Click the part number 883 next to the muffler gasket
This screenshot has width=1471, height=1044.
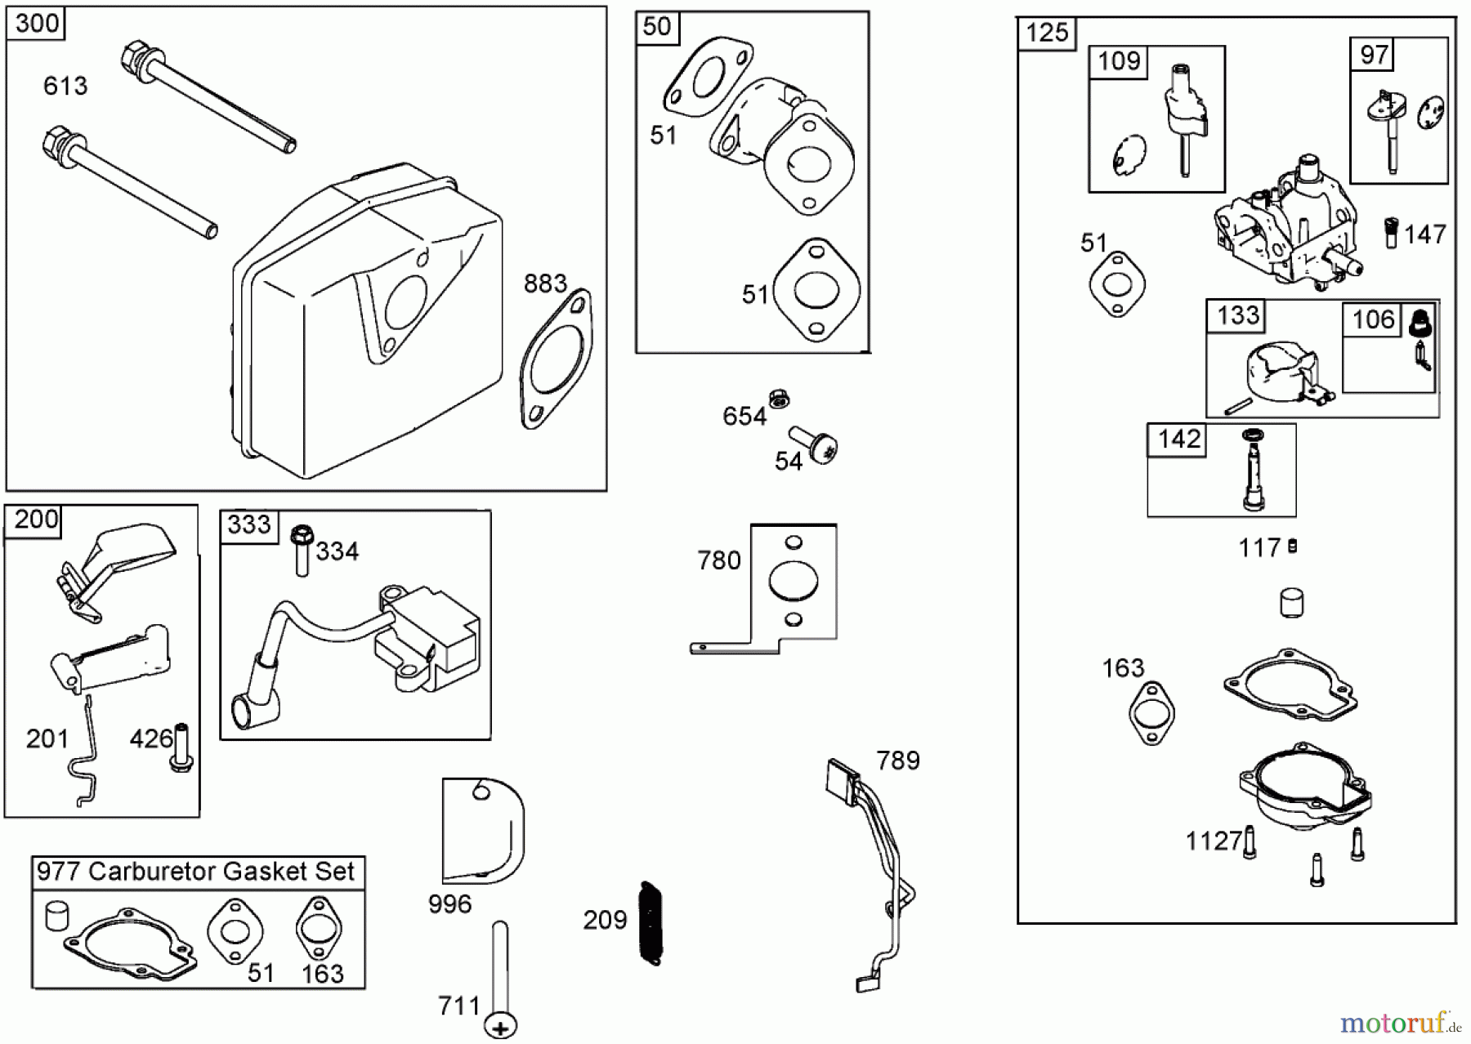click(x=545, y=283)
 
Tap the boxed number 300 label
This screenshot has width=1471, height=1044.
click(x=37, y=24)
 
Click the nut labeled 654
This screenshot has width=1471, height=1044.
click(x=778, y=399)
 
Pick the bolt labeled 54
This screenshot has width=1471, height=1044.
click(x=815, y=444)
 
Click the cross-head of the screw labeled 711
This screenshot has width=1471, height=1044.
click(x=501, y=1026)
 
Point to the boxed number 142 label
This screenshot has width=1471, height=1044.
click(x=1178, y=439)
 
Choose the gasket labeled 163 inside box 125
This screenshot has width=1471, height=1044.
click(x=1151, y=712)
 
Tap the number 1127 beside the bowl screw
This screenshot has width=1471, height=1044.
click(x=1213, y=841)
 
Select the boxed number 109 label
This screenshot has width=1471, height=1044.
click(x=1119, y=61)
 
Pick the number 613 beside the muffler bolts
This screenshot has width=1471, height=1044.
click(x=65, y=86)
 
